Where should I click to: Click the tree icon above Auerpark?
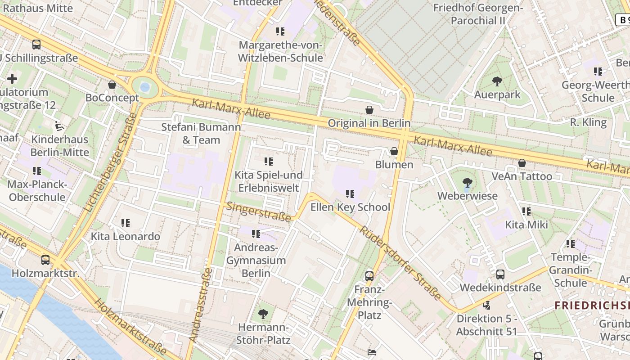[x=497, y=81]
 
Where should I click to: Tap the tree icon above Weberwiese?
[x=468, y=183]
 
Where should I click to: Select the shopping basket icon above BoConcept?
[x=112, y=85]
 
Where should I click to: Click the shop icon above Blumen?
[x=394, y=151]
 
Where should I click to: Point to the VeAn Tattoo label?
[x=522, y=176]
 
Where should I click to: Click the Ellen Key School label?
[x=350, y=207]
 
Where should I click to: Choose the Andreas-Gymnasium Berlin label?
[x=256, y=260]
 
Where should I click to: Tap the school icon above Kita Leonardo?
[x=126, y=223]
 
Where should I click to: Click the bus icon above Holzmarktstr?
[x=45, y=260]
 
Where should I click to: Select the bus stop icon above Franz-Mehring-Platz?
[x=369, y=276]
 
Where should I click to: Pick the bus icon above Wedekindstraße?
[x=500, y=274]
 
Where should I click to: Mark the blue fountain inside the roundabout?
[x=144, y=87]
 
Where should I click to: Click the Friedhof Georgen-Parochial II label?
[x=478, y=14]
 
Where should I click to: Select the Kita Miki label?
[x=526, y=224]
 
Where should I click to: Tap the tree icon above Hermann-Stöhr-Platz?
[x=263, y=314]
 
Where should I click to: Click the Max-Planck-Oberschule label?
[x=37, y=191]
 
